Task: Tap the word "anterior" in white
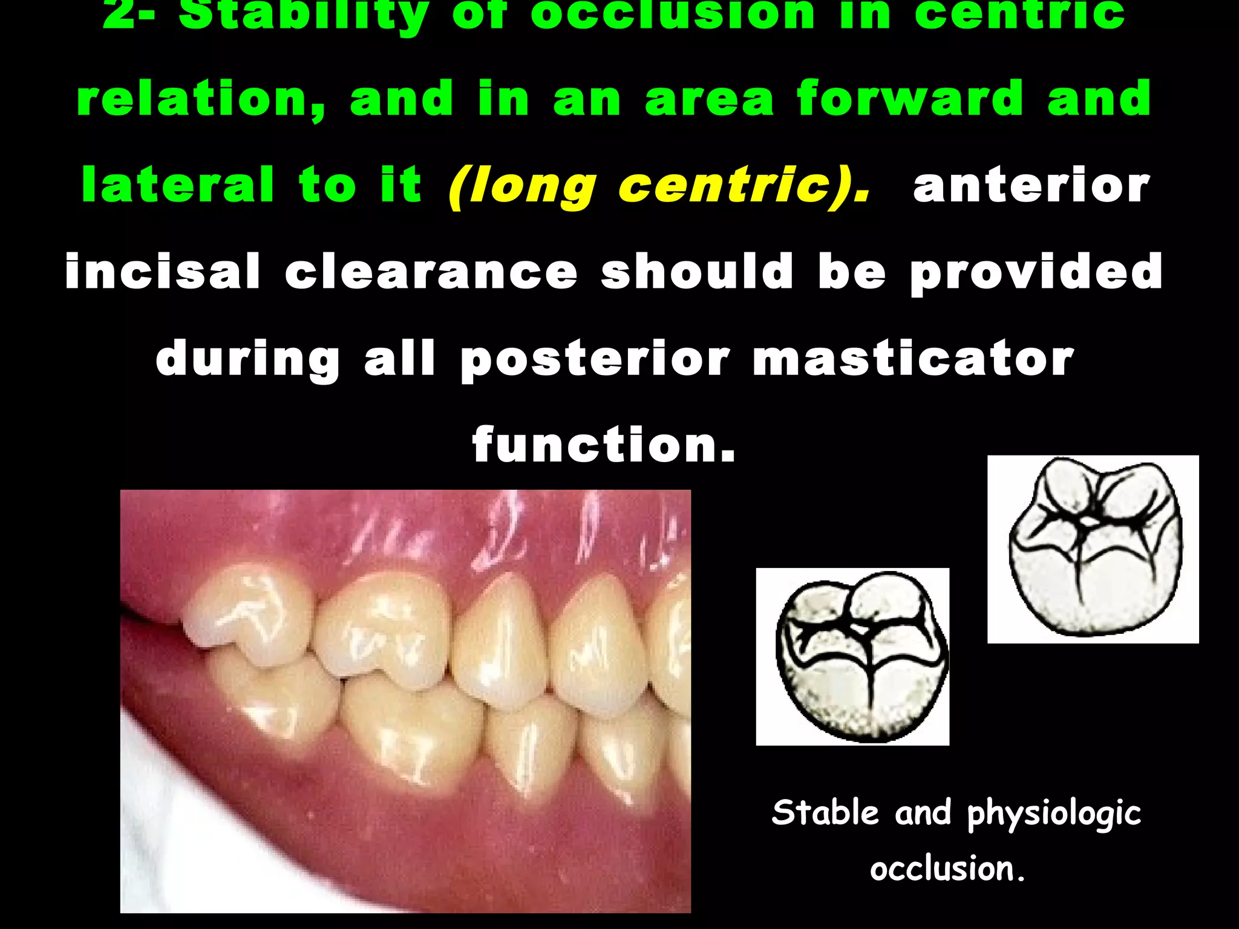(x=1031, y=186)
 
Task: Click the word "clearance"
(x=431, y=272)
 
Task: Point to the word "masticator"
(x=913, y=358)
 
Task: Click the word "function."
(x=604, y=445)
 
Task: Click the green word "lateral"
(x=178, y=186)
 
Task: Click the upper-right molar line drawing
(x=1093, y=549)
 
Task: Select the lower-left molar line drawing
(x=852, y=657)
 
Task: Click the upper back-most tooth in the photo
(x=248, y=614)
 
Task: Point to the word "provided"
(x=1036, y=272)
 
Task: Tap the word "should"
(x=697, y=272)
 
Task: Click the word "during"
(x=248, y=358)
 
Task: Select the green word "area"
(x=709, y=99)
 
